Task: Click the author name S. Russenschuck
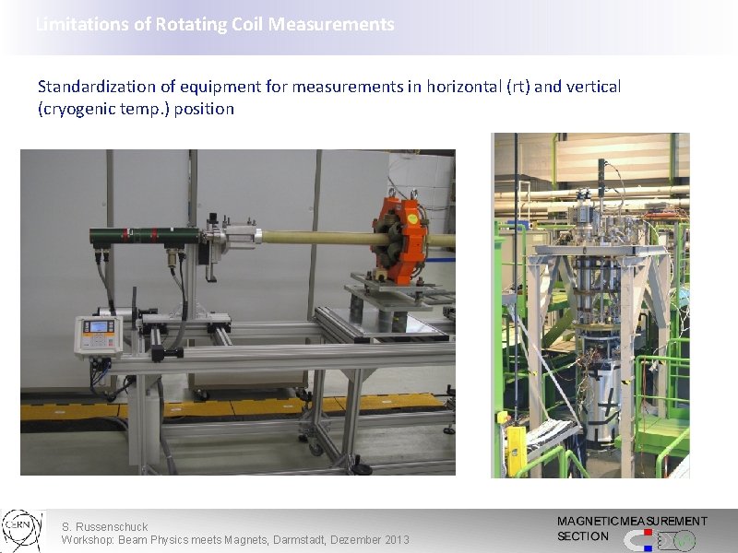click(x=104, y=527)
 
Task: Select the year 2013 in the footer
click(x=394, y=539)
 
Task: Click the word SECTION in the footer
click(x=583, y=536)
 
